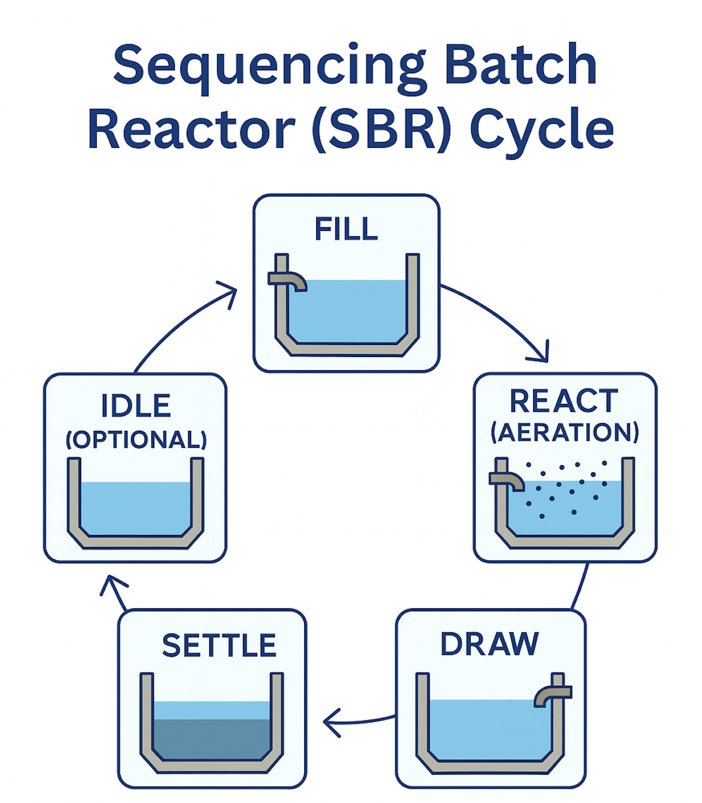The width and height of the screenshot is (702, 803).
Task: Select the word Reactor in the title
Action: point(191,129)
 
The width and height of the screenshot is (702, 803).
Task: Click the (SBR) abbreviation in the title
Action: point(381,129)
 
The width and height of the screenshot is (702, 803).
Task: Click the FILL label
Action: point(346,229)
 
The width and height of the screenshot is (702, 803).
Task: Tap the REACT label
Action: point(564,401)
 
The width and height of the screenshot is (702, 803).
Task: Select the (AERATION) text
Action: point(564,432)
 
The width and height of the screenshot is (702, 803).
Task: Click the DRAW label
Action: point(489,644)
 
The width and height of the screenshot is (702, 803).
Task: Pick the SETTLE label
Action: point(219,646)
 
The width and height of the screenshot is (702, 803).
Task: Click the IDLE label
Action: point(136,406)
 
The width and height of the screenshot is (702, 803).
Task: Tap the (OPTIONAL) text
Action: point(136,439)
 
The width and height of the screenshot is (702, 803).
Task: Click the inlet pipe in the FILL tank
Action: point(287,279)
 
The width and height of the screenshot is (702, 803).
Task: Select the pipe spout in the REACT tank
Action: point(508,480)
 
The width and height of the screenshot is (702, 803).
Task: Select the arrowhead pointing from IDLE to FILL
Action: point(228,292)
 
